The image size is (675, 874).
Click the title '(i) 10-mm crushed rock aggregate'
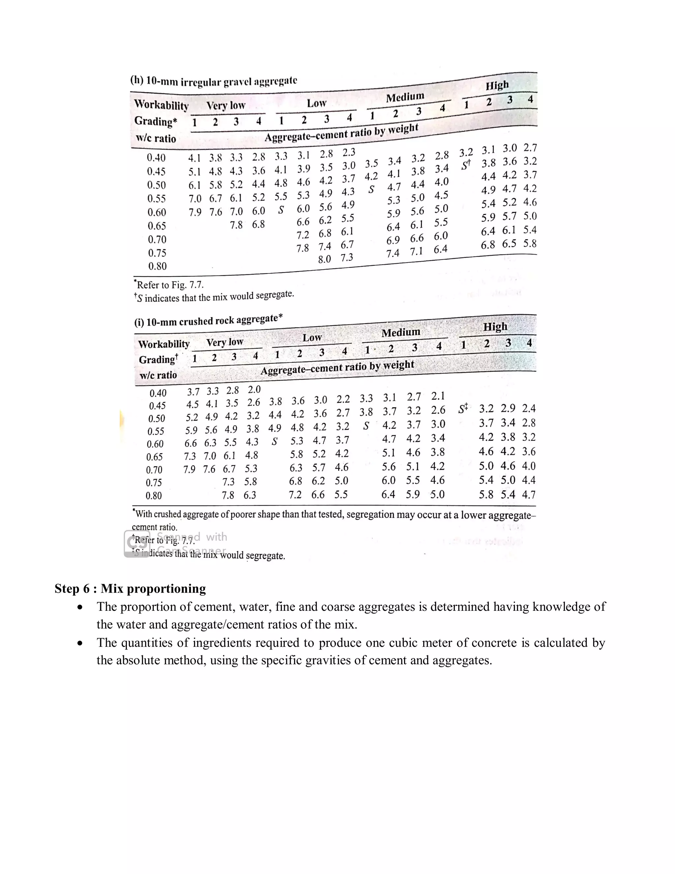coord(208,321)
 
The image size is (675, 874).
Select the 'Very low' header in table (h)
coord(225,106)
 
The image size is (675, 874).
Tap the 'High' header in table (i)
coord(495,327)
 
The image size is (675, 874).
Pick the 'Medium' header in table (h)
coord(405,97)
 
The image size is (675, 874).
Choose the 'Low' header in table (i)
coord(312,337)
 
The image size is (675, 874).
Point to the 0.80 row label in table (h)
coord(157,266)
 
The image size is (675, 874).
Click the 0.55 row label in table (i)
coord(156,431)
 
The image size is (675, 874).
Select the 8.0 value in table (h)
coord(324,259)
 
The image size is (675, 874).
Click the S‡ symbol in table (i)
coord(463,409)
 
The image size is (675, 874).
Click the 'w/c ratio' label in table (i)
coord(158,375)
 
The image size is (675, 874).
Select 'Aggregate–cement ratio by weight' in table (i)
coord(337,367)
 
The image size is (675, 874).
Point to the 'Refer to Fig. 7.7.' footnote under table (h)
coord(169,285)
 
